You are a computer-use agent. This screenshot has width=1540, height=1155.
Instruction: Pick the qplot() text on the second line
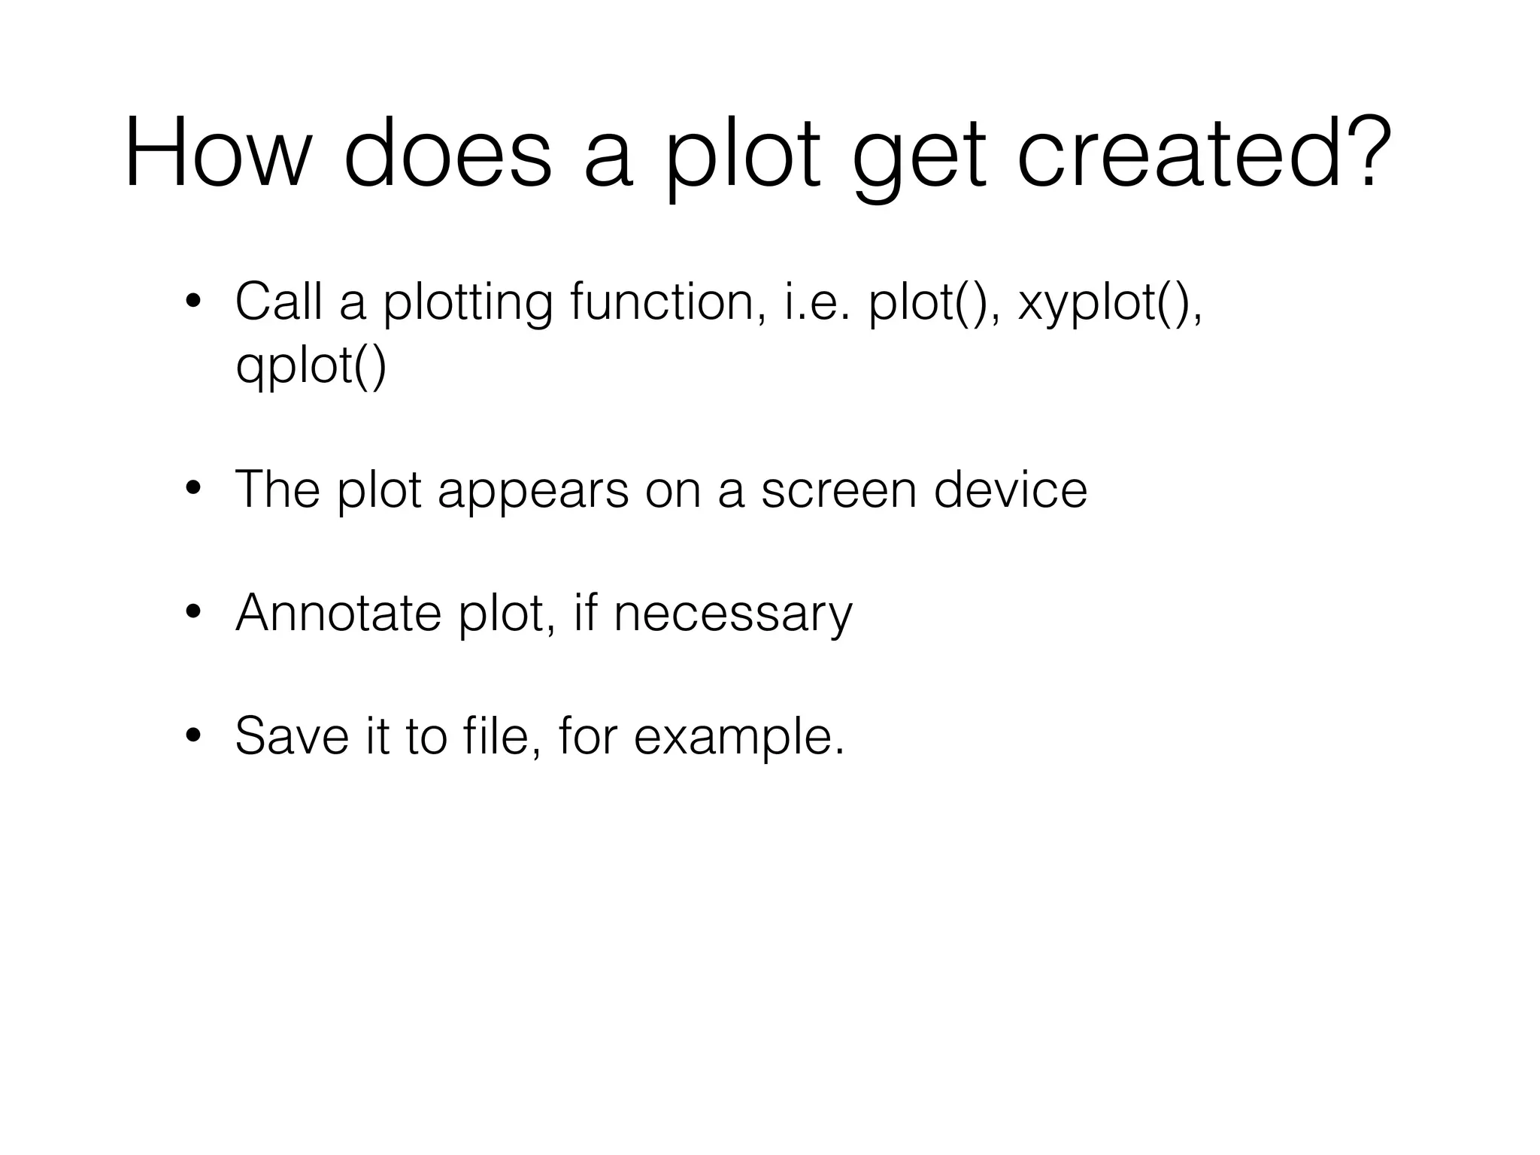click(311, 366)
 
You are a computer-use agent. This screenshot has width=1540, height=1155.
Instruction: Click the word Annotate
click(338, 613)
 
